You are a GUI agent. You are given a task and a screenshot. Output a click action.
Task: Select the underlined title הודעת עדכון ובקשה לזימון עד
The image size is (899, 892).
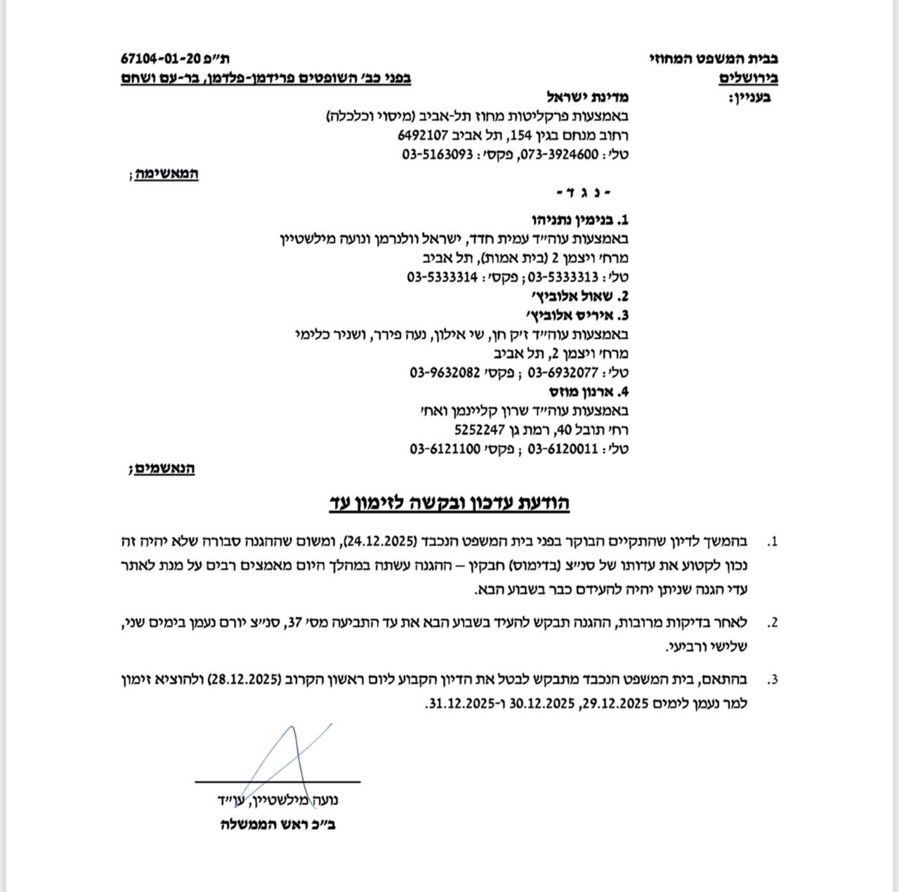pos(449,503)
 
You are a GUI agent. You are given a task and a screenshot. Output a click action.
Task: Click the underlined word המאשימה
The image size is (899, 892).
pos(168,173)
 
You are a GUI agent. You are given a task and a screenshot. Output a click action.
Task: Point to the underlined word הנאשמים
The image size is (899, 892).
pos(165,468)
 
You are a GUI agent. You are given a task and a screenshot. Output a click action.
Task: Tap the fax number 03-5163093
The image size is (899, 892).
pos(437,155)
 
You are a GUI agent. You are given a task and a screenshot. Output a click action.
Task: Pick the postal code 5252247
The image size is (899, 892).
pos(480,429)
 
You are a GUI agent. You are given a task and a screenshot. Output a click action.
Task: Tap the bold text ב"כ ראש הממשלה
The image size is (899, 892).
pos(277,824)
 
